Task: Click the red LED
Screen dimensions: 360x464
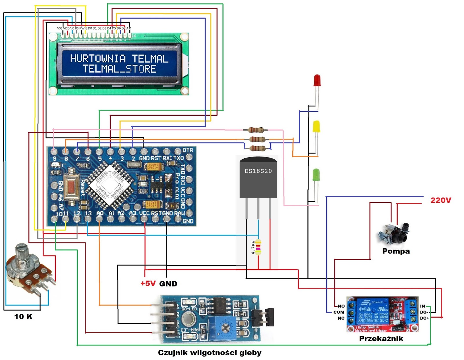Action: point(317,80)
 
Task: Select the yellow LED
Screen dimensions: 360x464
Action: point(316,127)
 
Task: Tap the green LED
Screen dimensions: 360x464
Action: point(316,175)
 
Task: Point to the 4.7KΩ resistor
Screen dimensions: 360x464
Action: point(258,247)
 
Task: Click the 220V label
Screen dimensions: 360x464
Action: point(441,200)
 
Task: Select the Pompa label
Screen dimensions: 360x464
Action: point(396,251)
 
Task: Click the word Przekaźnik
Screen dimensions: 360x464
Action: point(381,339)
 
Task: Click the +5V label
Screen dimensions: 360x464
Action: point(148,283)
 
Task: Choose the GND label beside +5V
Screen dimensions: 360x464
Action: point(168,284)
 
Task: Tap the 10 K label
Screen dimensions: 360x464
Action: point(23,316)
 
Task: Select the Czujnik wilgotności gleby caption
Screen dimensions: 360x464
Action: point(210,353)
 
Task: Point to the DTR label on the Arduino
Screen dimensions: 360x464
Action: point(188,150)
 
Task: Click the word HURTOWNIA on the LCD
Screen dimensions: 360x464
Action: point(98,59)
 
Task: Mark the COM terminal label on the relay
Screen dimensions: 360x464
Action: point(338,312)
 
